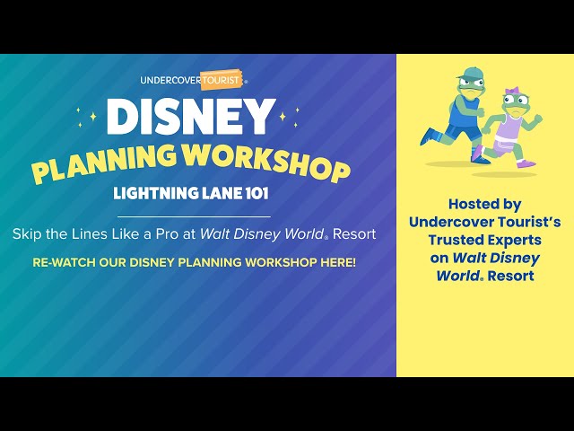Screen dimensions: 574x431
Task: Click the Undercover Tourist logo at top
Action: pyautogui.click(x=194, y=80)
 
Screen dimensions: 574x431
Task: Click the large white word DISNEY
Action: pyautogui.click(x=191, y=117)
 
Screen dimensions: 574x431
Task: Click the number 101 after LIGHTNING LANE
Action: pyautogui.click(x=257, y=193)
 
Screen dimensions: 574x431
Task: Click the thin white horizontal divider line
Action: pyautogui.click(x=194, y=216)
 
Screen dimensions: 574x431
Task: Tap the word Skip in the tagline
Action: pyautogui.click(x=27, y=234)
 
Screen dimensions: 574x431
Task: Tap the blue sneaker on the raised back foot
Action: pyautogui.click(x=429, y=137)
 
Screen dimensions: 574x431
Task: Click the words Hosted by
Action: pyautogui.click(x=484, y=204)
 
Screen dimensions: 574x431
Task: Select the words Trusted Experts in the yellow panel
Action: pyautogui.click(x=484, y=240)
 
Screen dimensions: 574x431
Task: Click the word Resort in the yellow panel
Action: pyautogui.click(x=510, y=276)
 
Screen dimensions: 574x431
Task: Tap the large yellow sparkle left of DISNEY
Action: pyautogui.click(x=93, y=117)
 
